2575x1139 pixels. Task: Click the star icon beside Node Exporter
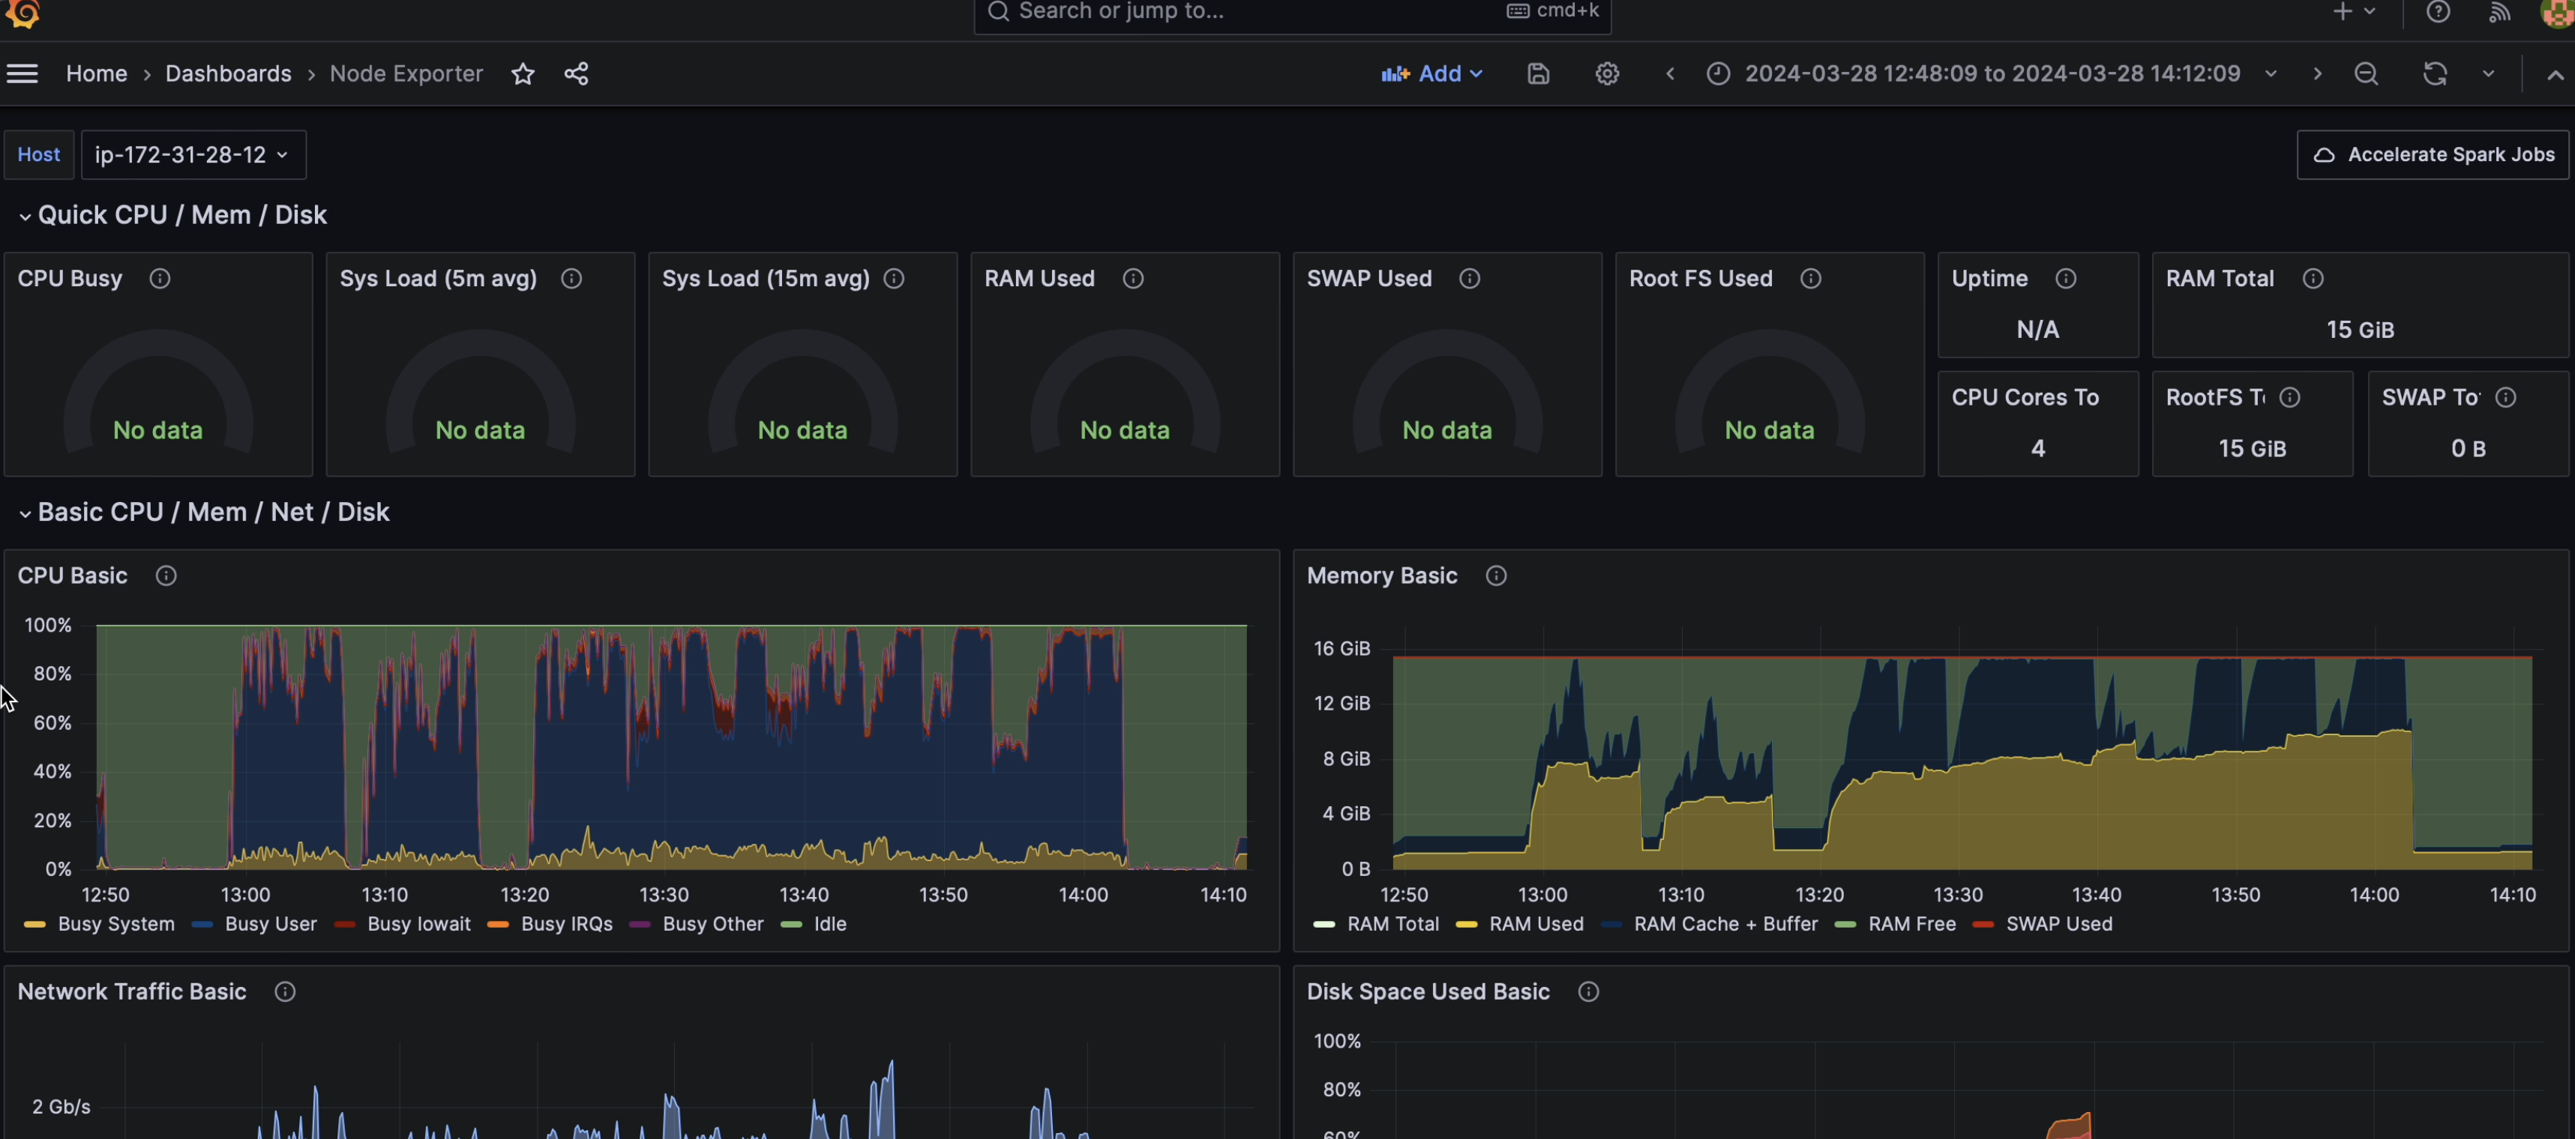pos(523,74)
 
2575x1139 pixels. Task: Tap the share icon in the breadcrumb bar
pos(577,74)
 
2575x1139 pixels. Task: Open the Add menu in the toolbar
pos(1431,74)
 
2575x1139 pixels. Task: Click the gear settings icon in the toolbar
pos(1606,74)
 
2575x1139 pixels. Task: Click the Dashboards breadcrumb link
pos(228,74)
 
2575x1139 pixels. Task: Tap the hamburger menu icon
pos(22,74)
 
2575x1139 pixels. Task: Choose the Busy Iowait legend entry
pos(418,924)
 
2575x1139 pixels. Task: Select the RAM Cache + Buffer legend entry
pos(1725,924)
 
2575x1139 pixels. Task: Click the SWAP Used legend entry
pos(2058,924)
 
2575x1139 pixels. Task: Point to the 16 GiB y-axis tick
pos(1341,648)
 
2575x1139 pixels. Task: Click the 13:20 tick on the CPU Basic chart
pos(525,894)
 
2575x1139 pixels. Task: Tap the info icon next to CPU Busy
pos(160,279)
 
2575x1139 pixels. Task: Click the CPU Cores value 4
pos(2037,449)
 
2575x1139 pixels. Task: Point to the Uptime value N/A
pos(2037,330)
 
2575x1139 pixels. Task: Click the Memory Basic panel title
pos(1381,575)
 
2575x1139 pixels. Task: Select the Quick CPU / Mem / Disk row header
pos(182,215)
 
